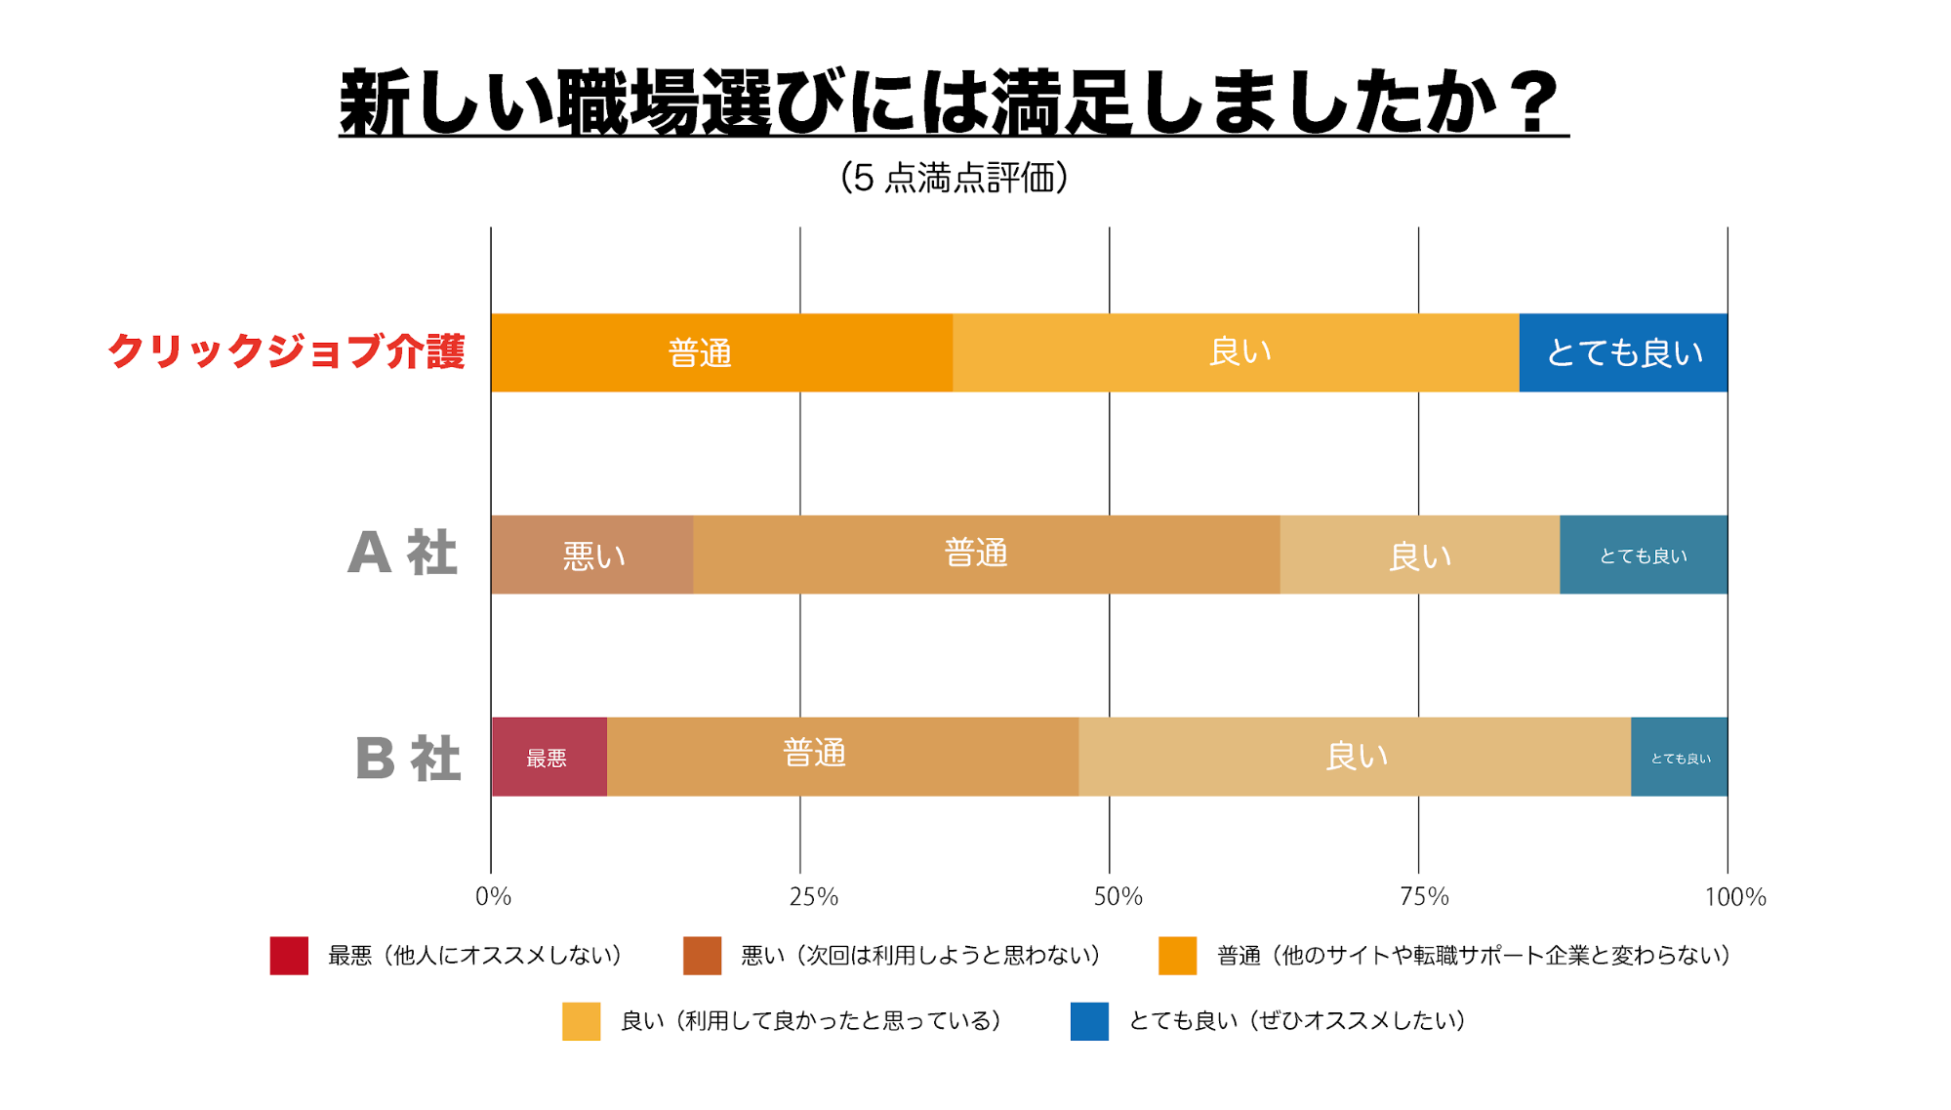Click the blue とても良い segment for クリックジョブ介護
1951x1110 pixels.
1623,352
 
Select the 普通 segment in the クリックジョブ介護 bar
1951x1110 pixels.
721,352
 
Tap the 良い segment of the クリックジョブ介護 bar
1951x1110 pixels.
1236,352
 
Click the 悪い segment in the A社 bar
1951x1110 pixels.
592,555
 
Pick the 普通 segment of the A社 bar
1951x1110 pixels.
986,555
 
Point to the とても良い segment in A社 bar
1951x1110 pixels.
1644,555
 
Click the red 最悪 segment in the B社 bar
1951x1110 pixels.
549,757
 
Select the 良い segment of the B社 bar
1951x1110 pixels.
1355,757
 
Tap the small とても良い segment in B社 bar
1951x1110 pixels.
1679,757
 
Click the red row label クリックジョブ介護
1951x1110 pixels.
286,351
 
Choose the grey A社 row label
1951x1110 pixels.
402,554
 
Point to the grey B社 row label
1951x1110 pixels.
407,758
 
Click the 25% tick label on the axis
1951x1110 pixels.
814,896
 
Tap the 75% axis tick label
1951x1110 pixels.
1425,896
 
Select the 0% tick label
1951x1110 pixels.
493,896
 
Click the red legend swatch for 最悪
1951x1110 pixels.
289,956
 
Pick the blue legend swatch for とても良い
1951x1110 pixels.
1089,1021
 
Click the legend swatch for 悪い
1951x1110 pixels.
702,956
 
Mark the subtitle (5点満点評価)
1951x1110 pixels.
954,178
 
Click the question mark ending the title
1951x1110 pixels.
1536,102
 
